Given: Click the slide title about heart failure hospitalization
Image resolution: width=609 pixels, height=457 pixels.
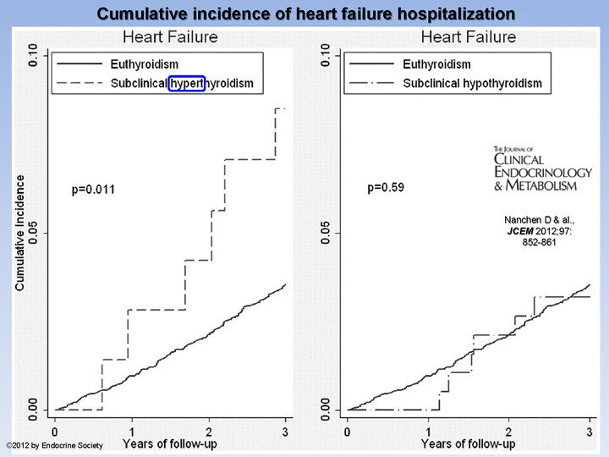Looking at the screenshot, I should [304, 14].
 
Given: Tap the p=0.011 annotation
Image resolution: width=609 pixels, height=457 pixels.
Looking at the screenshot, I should [93, 190].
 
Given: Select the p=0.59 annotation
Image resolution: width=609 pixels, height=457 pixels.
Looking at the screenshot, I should [385, 188].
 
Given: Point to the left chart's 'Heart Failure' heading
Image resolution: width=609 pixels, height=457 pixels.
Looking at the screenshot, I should [170, 37].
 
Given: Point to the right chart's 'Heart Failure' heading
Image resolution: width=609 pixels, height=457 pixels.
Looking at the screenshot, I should [468, 37].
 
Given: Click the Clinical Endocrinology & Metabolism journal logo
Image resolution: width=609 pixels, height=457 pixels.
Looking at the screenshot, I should [535, 168].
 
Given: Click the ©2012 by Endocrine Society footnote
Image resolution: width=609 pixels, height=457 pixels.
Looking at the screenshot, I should [54, 445].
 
